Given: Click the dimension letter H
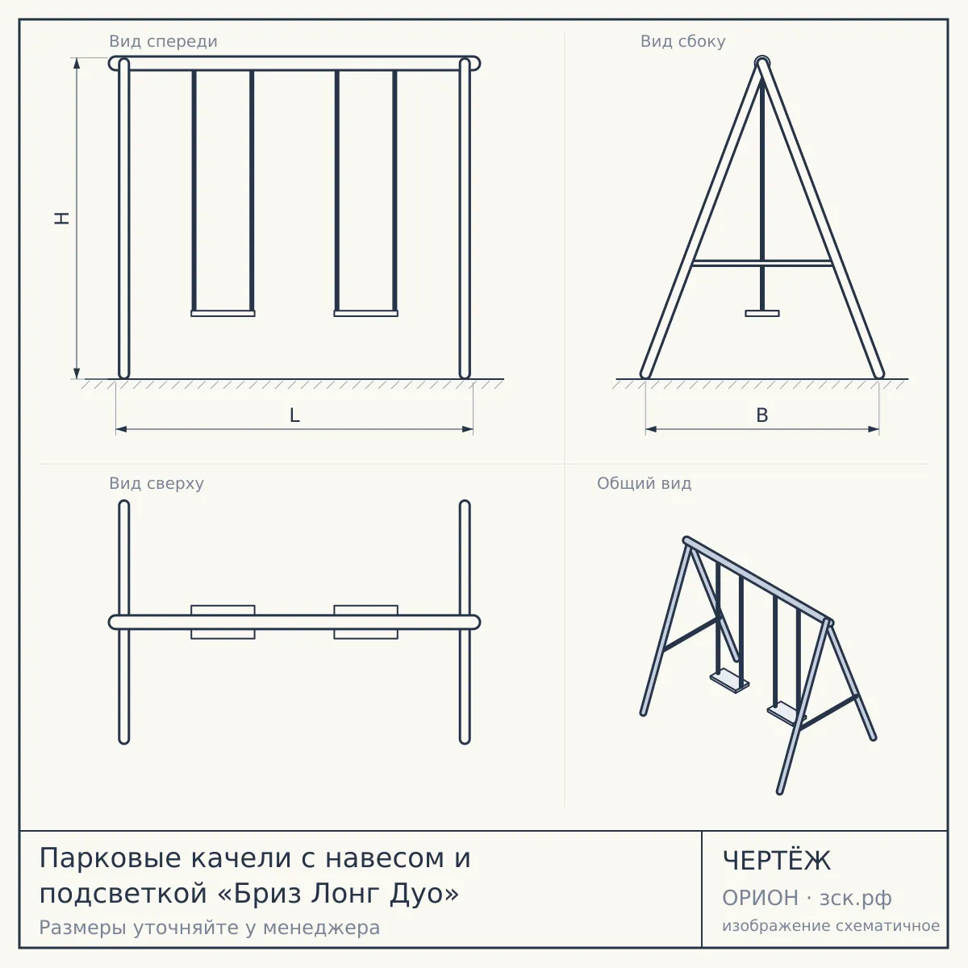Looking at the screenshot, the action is (62, 218).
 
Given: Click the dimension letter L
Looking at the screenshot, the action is (294, 415).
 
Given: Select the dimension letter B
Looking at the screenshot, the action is (762, 415).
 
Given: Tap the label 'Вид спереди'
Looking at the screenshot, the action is (163, 41).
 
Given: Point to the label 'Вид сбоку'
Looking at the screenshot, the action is (682, 41).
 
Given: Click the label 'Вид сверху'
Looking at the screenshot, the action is (156, 483).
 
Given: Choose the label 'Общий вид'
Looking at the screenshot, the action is (644, 483).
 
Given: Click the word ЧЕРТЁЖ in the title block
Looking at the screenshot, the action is (777, 861).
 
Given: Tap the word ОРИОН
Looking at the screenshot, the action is (760, 898).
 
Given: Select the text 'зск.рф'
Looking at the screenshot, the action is (856, 899).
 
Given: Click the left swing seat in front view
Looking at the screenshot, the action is (223, 314).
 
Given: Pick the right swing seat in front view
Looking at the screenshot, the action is (365, 314).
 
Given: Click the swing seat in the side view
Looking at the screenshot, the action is (762, 314).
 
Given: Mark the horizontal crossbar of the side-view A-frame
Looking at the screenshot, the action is (762, 263).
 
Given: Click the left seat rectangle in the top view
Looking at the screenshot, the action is (223, 622).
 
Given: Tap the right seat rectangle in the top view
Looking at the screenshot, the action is (365, 622).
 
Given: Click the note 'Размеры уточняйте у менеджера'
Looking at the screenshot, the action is (210, 928).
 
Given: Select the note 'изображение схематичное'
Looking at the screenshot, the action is (831, 926).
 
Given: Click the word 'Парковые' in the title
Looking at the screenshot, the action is (110, 858).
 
